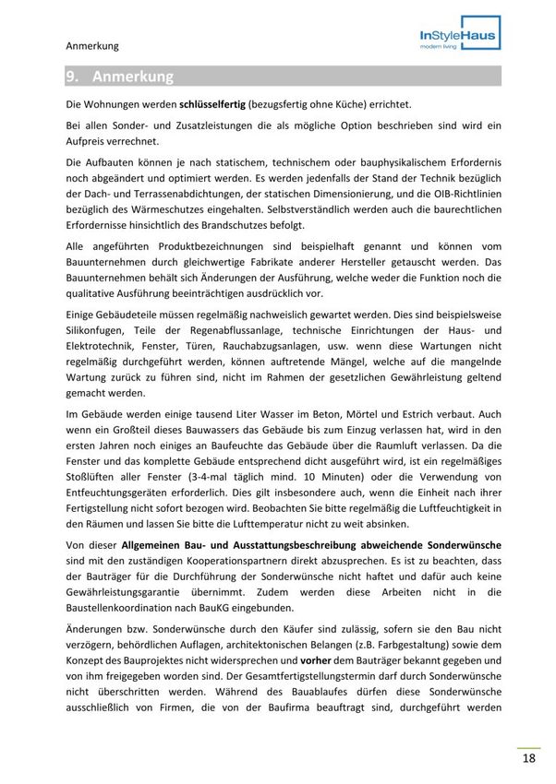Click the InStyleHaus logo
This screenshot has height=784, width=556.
(x=456, y=37)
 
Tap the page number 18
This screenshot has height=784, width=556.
(x=528, y=758)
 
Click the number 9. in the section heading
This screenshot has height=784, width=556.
(x=73, y=77)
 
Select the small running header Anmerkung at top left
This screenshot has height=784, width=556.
(x=92, y=44)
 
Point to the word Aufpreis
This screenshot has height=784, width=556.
(x=87, y=141)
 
